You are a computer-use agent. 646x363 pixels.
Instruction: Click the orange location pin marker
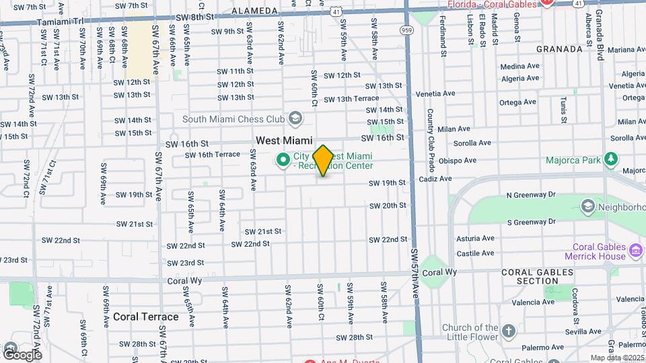coord(323,160)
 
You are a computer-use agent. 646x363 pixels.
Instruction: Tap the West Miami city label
coord(284,140)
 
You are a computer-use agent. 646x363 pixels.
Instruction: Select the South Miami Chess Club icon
coord(294,119)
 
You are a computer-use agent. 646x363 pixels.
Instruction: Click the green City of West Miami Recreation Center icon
coord(283,160)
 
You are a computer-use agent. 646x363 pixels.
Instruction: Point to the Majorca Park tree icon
coord(610,159)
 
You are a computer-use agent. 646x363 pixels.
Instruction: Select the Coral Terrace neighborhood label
coord(145,317)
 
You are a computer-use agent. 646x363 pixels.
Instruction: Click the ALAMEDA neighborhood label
coord(254,11)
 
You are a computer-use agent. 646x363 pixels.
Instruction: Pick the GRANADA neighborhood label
coord(559,49)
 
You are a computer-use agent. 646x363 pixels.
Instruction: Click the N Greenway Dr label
coord(531,194)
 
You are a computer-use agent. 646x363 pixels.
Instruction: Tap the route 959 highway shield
coord(407,30)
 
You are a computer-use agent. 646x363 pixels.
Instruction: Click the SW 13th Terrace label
coord(351,99)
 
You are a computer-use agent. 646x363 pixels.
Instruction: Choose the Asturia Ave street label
coord(475,238)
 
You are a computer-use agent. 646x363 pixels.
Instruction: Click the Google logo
coord(22,354)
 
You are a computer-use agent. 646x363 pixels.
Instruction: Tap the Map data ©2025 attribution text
coord(616,358)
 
